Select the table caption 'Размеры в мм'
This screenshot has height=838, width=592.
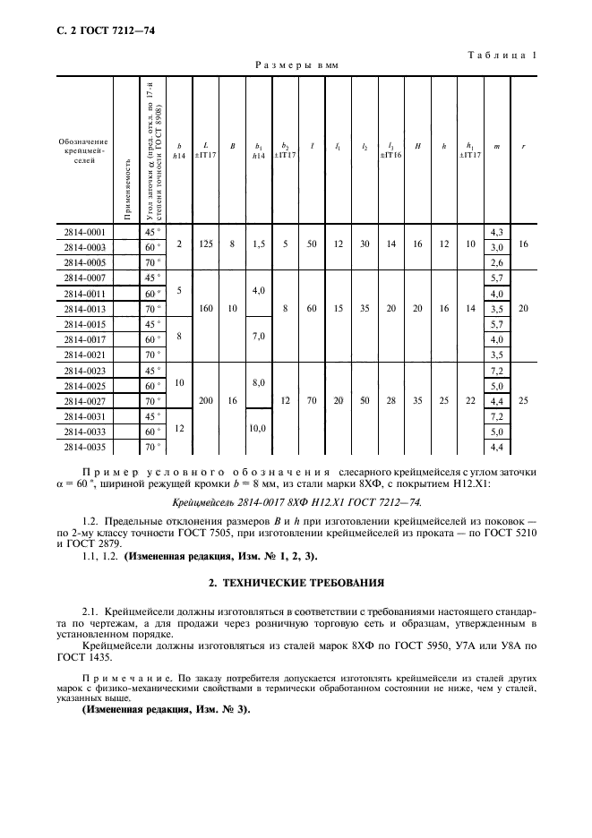pyautogui.click(x=296, y=65)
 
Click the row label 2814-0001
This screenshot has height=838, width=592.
pyautogui.click(x=84, y=232)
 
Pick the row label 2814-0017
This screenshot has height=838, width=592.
pyautogui.click(x=84, y=339)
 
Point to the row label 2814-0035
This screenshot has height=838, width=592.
pyautogui.click(x=84, y=447)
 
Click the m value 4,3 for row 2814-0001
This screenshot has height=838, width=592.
pyautogui.click(x=497, y=232)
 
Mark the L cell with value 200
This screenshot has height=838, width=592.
pyautogui.click(x=206, y=401)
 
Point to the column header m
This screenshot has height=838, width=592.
pyautogui.click(x=497, y=148)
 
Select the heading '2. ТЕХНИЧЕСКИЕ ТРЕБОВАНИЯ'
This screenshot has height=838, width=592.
pyautogui.click(x=296, y=583)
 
